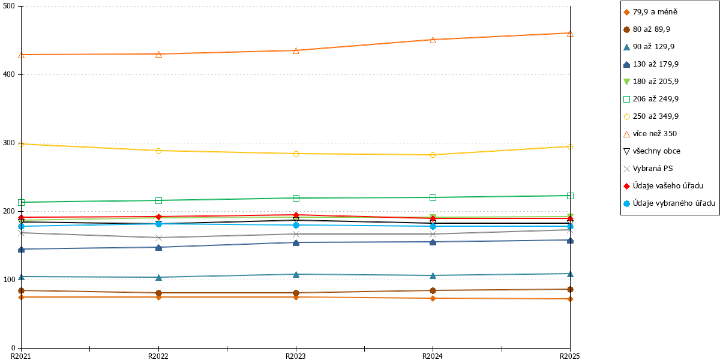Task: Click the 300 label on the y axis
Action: (x=8, y=143)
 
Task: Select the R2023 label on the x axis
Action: (x=296, y=356)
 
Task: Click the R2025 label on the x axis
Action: (x=570, y=356)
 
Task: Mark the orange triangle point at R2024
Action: (x=433, y=40)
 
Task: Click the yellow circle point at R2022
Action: (x=158, y=151)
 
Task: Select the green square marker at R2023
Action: (x=296, y=198)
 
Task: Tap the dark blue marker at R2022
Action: (x=158, y=247)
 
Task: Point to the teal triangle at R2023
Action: (x=296, y=275)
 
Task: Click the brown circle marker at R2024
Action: (x=433, y=290)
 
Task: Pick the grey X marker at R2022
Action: (x=158, y=238)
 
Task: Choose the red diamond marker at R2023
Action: (x=296, y=215)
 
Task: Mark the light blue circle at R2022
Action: (x=158, y=224)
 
